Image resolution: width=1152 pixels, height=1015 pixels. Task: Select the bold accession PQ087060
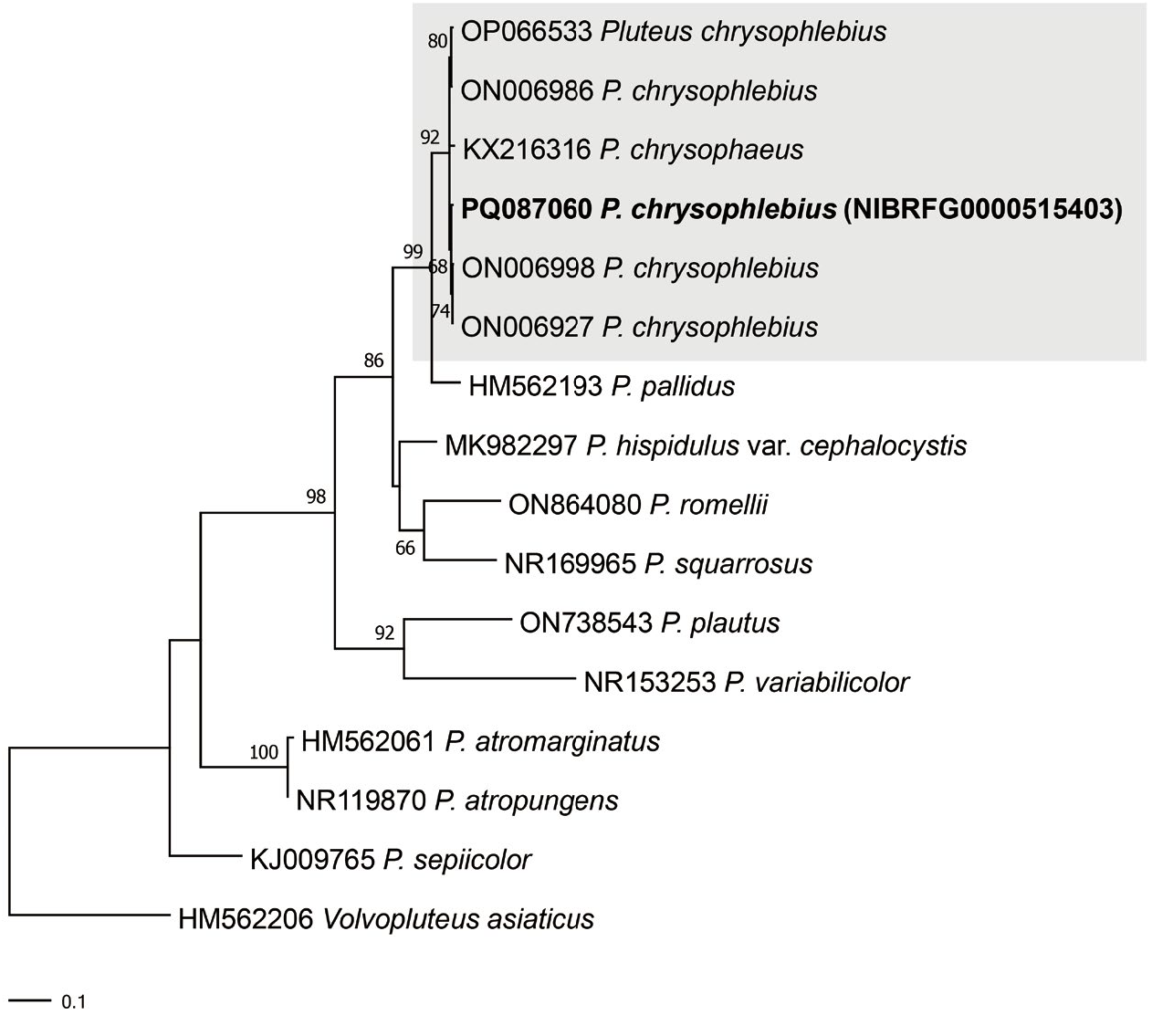click(x=527, y=210)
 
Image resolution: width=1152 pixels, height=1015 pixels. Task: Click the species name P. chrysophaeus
click(x=702, y=150)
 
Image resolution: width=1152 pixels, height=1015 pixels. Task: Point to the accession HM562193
click(x=536, y=387)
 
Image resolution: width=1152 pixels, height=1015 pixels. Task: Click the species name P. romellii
click(x=709, y=505)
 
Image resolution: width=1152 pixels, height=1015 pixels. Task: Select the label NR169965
click(x=570, y=564)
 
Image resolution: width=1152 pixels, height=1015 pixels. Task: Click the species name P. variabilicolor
click(x=817, y=682)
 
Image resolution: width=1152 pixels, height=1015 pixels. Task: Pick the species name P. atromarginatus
click(x=552, y=741)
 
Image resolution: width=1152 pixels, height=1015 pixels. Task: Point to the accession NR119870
click(x=361, y=800)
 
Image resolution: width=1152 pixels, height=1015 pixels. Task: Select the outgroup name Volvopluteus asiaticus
click(x=459, y=918)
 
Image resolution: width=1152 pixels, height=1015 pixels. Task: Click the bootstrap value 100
click(x=263, y=752)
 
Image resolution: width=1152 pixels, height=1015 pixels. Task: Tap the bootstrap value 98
click(x=316, y=497)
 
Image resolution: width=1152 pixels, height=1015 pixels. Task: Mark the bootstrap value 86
click(x=373, y=361)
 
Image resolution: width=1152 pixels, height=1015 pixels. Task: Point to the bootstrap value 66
click(x=405, y=548)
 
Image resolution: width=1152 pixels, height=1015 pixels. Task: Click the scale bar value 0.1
click(x=73, y=1002)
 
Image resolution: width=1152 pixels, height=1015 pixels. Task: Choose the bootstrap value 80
click(x=437, y=40)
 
